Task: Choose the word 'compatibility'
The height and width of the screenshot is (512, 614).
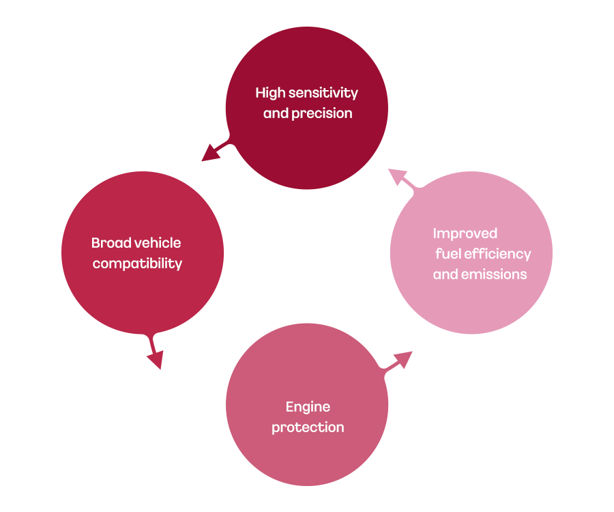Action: (137, 264)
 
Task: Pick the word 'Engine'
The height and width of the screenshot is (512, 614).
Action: (308, 407)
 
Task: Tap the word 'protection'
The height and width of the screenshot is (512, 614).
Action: (308, 428)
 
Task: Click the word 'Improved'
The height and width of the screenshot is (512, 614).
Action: (465, 233)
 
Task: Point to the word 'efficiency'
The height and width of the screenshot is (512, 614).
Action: (497, 254)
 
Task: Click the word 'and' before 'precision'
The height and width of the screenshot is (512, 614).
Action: (276, 114)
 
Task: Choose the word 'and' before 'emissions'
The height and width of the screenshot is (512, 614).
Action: (445, 274)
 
